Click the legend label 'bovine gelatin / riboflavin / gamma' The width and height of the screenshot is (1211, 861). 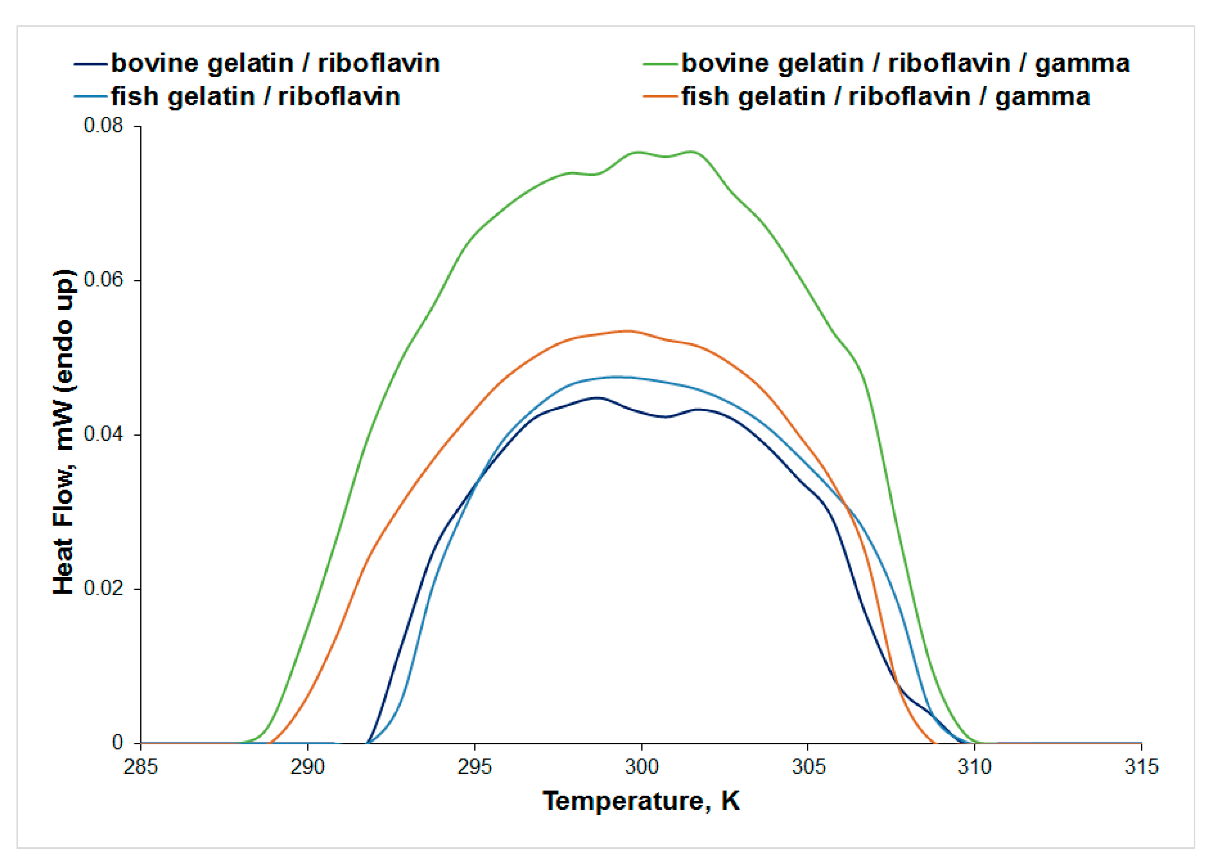(905, 63)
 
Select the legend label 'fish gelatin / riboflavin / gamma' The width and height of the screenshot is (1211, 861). (885, 97)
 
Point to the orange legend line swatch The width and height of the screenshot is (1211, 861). (660, 97)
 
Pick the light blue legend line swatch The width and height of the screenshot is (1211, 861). (92, 97)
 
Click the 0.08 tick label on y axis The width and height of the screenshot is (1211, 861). (103, 126)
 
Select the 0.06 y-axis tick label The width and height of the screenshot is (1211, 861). (103, 280)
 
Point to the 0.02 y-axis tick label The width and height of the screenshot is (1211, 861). (103, 588)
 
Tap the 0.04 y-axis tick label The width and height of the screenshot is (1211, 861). (103, 434)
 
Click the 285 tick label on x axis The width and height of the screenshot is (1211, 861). (140, 767)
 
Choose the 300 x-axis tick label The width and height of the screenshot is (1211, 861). (641, 767)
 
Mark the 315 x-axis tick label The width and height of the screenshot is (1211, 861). (1141, 767)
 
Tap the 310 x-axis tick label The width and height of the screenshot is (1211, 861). (974, 767)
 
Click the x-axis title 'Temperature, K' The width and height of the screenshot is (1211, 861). (641, 801)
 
